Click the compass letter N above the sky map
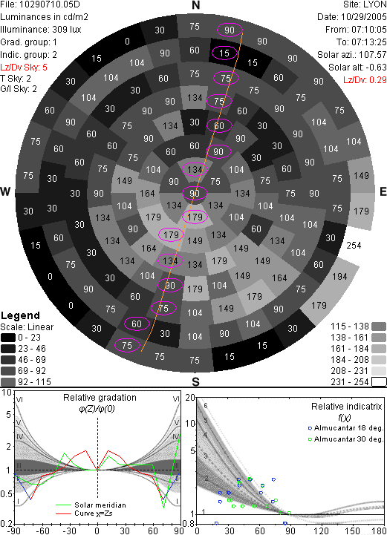195,5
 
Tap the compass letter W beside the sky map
5,191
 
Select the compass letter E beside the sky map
383,191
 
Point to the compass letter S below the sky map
195,381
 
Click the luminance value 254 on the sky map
354,246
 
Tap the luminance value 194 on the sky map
339,276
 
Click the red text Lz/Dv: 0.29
365,80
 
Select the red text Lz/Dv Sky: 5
24,68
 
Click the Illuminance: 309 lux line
41,30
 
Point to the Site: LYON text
365,4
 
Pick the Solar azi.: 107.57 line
352,55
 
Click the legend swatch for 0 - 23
8,338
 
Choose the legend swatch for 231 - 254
379,382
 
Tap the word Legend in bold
21,315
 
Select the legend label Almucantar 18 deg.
348,428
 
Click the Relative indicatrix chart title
346,407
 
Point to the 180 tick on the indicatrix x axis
379,531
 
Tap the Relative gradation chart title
100,398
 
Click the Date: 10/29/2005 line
352,17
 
